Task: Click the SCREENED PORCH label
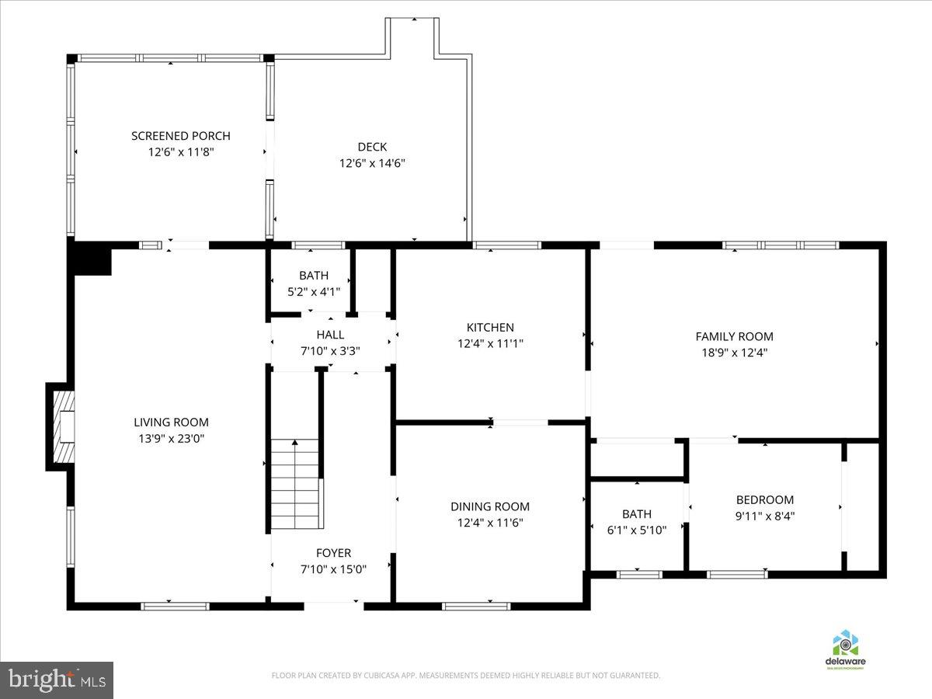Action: (x=180, y=136)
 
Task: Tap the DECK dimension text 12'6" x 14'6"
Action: (x=372, y=163)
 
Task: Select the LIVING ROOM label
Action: (x=171, y=423)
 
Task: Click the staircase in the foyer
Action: (x=295, y=483)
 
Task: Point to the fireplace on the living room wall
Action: (x=62, y=426)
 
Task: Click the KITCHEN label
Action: (x=489, y=328)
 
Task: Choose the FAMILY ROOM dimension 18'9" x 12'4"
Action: (x=734, y=352)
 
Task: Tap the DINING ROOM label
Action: (x=489, y=506)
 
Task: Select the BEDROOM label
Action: (x=764, y=500)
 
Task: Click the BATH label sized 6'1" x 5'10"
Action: (x=636, y=514)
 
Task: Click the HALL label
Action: (x=330, y=335)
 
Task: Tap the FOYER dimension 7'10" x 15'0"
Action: (x=333, y=569)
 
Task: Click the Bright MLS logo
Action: (x=57, y=680)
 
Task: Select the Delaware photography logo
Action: (x=845, y=649)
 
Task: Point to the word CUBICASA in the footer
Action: (x=382, y=676)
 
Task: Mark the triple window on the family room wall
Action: (x=780, y=245)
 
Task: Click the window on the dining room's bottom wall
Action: (x=475, y=606)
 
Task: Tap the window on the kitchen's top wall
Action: (x=506, y=245)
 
